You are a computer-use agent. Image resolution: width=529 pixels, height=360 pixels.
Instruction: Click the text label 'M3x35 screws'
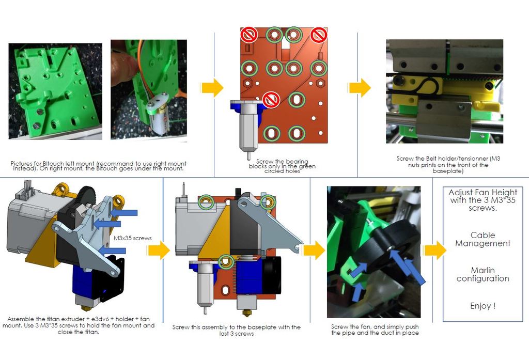(x=132, y=238)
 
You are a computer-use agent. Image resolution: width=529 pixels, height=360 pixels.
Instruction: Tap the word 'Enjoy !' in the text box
(x=483, y=306)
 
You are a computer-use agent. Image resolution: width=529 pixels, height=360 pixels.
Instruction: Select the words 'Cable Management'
(x=483, y=239)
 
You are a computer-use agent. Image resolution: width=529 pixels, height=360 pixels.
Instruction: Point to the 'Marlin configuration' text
(x=483, y=274)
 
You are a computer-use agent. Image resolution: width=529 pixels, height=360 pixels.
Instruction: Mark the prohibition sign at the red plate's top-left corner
(x=249, y=35)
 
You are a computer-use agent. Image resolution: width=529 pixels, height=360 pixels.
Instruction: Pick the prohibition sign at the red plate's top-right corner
(x=319, y=35)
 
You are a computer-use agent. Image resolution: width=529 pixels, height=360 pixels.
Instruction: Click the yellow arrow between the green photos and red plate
(x=212, y=87)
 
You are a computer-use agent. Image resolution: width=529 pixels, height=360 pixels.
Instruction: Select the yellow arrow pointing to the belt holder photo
(x=360, y=87)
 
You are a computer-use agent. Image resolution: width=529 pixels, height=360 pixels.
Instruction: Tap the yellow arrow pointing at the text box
(x=434, y=251)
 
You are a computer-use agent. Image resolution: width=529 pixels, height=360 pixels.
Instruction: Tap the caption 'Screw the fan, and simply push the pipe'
(x=375, y=330)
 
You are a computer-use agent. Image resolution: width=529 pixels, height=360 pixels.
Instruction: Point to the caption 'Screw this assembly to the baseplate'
(x=237, y=330)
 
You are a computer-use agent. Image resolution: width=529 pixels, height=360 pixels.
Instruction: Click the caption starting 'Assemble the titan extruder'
(x=81, y=325)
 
